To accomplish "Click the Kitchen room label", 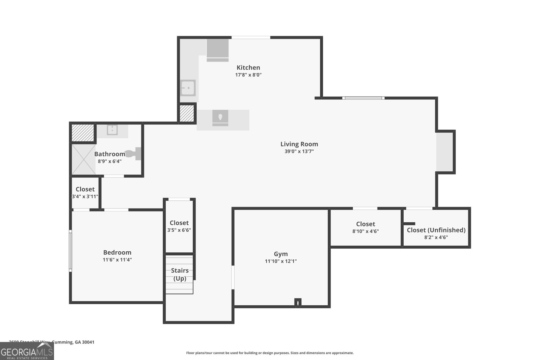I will point(248,67).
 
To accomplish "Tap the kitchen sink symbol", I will point(188,88).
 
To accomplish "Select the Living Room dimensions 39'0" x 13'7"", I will point(299,151).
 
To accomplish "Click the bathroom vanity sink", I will point(112,130).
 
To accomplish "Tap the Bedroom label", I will point(117,252).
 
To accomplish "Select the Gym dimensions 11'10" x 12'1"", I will point(281,261).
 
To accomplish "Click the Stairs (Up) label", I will point(180,274).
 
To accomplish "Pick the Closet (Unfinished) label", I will point(436,230).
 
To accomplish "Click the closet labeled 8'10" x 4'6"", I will point(366,227).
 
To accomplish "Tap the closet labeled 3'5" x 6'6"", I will point(179,226).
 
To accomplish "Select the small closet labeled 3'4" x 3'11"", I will point(85,193).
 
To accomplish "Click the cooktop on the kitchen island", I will point(220,118).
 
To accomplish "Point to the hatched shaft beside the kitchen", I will point(187,113).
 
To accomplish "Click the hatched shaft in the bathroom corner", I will point(83,133).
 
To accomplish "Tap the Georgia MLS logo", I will point(27,351).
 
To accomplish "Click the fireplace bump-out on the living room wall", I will point(444,152).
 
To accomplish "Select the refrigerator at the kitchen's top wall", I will point(217,50).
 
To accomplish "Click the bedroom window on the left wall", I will point(71,250).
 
